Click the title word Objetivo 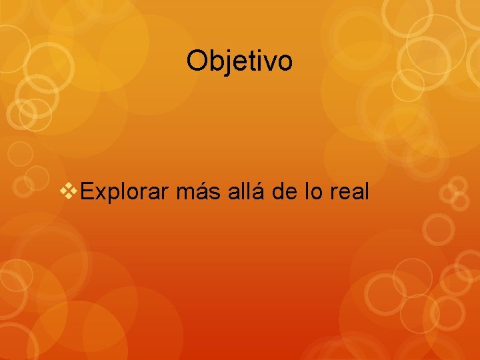(239, 61)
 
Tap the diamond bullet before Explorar (70, 192)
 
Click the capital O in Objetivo (197, 61)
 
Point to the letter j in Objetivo (223, 63)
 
